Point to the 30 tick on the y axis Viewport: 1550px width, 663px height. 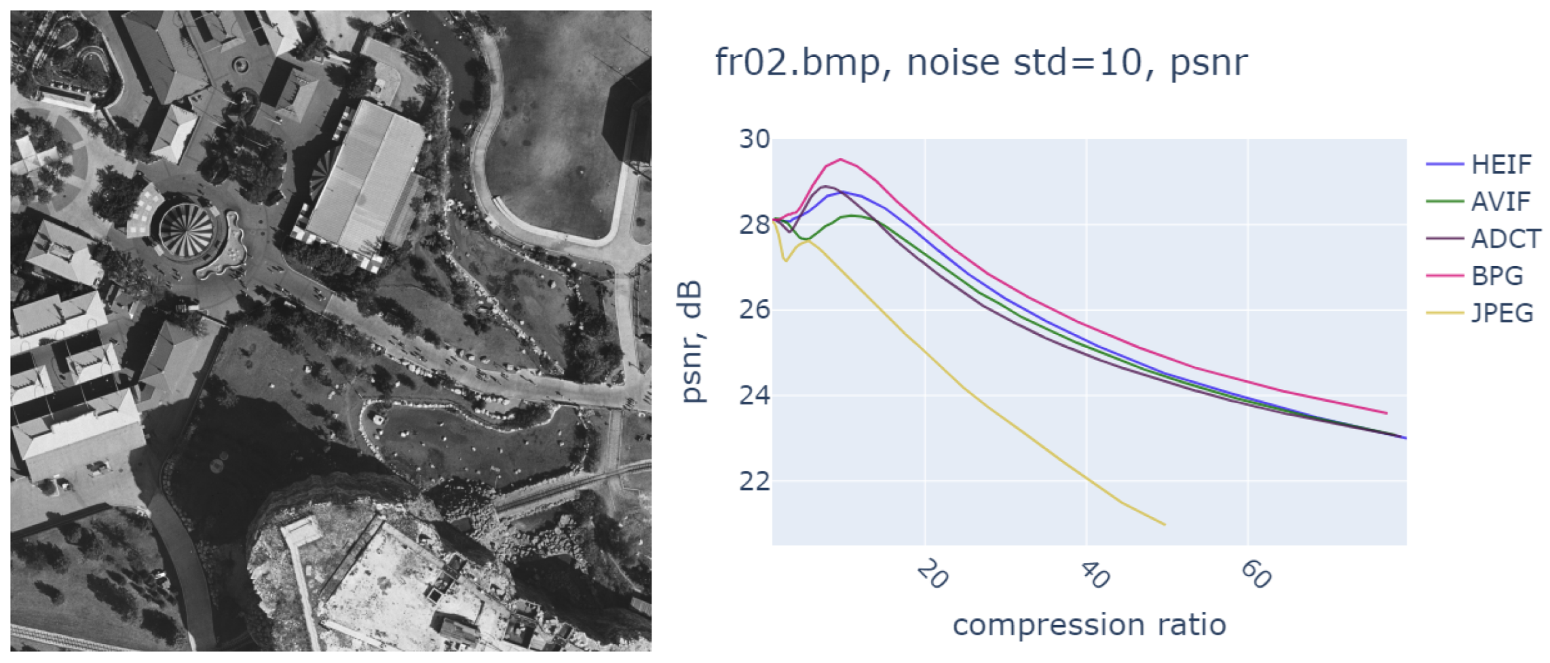(x=754, y=140)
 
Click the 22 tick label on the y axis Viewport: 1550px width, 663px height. (x=754, y=482)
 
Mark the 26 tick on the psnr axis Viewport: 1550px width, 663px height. (x=754, y=311)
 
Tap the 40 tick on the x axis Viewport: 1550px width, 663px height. (x=1094, y=575)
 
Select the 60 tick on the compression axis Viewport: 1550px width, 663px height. (x=1255, y=575)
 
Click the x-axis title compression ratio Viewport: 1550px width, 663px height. (x=1089, y=625)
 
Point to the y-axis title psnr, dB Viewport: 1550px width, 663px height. (x=692, y=343)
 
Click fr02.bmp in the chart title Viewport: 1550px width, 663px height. (x=797, y=63)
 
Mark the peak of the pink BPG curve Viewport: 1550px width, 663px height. (x=841, y=159)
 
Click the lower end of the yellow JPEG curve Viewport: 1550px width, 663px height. (x=1165, y=525)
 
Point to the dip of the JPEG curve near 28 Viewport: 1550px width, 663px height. (x=786, y=261)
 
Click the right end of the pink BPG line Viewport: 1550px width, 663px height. (x=1386, y=413)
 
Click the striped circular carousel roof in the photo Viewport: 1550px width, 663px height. (x=187, y=231)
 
